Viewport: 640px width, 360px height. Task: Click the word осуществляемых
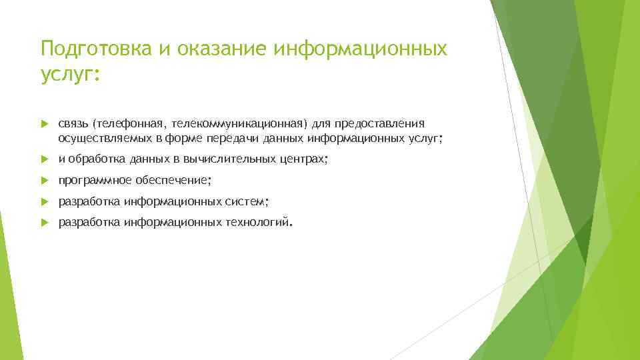(x=99, y=138)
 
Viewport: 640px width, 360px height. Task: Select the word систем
(x=245, y=201)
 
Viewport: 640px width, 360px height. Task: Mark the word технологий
(x=257, y=222)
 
